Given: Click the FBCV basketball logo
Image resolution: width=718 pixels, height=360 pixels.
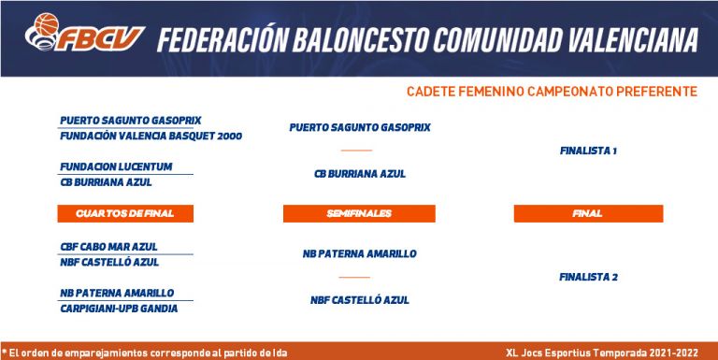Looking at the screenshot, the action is tap(85, 32).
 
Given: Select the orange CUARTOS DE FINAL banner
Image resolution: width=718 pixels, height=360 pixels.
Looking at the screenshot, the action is tap(125, 213).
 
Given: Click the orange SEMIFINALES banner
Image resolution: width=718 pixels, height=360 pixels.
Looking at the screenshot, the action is tap(359, 213).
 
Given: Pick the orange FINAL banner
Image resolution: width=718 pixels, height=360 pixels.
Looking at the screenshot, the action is tap(588, 213).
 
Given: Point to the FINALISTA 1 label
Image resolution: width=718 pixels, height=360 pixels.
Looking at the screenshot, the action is tap(588, 151).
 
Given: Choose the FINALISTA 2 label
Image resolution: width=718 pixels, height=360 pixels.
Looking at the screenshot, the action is tap(588, 277).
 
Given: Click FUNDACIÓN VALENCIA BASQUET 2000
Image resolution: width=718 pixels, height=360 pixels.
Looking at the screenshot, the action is tap(151, 136).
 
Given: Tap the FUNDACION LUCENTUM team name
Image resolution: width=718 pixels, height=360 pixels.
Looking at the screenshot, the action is tap(116, 166).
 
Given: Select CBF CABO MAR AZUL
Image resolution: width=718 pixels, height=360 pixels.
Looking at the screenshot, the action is tap(109, 247).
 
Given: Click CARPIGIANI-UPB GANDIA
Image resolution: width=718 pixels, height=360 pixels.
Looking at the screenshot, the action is tap(119, 309).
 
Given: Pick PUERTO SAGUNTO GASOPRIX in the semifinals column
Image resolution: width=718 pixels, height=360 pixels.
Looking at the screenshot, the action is tap(360, 127).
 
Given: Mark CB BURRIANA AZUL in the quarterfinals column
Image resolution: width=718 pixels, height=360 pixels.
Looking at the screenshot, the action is tap(107, 182).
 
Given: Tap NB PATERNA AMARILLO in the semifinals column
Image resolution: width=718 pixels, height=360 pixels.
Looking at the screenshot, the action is tap(359, 253).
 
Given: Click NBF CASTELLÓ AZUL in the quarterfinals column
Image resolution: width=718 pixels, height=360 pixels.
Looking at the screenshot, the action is tap(109, 263).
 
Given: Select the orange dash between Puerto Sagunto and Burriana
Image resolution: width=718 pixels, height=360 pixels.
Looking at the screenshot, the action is tap(356, 151).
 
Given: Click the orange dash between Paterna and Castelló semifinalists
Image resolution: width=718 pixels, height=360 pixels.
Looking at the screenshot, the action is tap(354, 277).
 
